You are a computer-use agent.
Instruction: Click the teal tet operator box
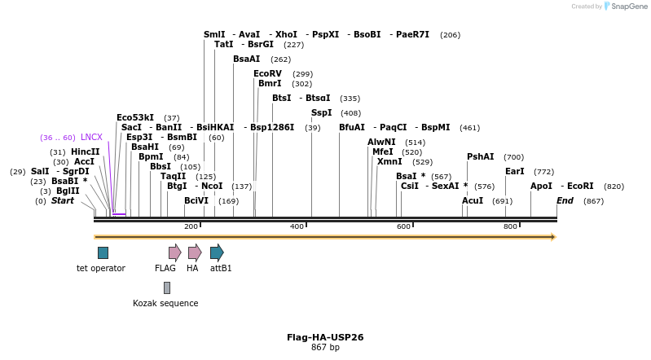tap(103, 252)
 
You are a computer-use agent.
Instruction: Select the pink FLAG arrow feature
tap(174, 252)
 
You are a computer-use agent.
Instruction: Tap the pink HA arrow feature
tap(194, 252)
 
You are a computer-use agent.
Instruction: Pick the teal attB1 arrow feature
tap(217, 252)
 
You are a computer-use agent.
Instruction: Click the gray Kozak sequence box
tap(166, 288)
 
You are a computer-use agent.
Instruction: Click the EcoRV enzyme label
tap(267, 74)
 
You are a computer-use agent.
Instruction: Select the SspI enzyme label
tap(321, 113)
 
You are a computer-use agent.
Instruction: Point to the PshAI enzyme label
tap(480, 157)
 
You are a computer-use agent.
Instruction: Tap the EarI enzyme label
tap(514, 172)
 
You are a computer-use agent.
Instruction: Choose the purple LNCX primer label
tap(91, 138)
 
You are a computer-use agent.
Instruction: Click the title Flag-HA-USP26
tap(325, 337)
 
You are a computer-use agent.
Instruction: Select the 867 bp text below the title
tap(325, 348)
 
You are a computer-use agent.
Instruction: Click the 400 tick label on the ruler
tap(297, 226)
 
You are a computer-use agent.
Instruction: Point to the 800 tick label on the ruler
tap(510, 226)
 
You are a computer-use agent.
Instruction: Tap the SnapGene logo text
tap(630, 7)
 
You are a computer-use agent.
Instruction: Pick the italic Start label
tap(63, 200)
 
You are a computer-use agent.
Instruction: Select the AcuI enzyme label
tap(473, 200)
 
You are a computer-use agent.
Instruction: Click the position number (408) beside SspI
tap(350, 113)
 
